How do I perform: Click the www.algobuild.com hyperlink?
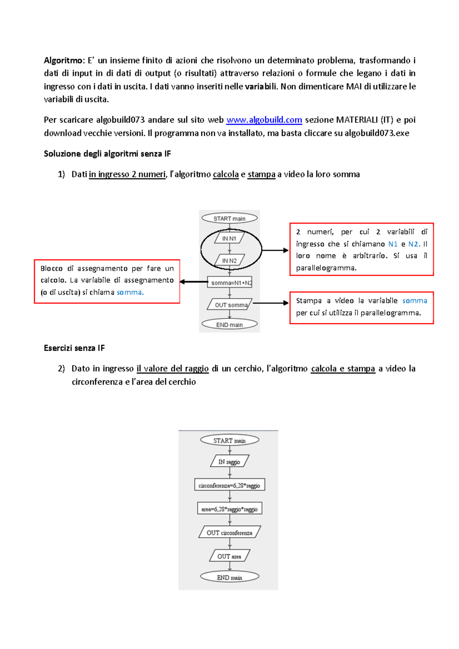(x=264, y=120)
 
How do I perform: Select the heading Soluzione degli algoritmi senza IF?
(x=107, y=154)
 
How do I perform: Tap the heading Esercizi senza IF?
(x=74, y=348)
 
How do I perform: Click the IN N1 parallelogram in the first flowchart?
(x=229, y=239)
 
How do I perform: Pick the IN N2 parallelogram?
(x=229, y=261)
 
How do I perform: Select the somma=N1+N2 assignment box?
(x=229, y=283)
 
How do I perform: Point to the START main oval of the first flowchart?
(x=229, y=219)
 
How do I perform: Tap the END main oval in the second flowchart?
(x=229, y=578)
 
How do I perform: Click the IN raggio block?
(x=229, y=462)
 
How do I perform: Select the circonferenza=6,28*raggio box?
(x=229, y=485)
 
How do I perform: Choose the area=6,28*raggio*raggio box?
(x=229, y=509)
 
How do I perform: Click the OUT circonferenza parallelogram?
(x=229, y=533)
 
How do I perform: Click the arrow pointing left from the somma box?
(x=194, y=282)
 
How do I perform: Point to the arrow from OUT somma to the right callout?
(x=270, y=303)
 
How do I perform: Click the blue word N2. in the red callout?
(x=414, y=244)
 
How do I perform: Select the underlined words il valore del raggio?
(x=173, y=369)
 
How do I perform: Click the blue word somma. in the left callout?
(x=130, y=292)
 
